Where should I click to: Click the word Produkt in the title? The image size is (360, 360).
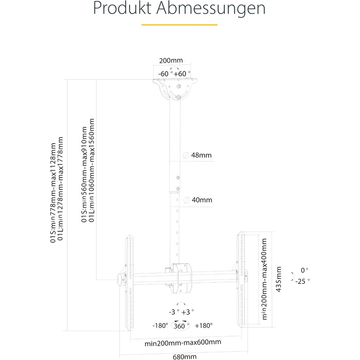point(122,8)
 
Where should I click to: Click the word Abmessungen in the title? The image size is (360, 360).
point(211,8)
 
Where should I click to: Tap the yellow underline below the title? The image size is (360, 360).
point(179,25)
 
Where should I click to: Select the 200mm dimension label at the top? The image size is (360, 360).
point(171,60)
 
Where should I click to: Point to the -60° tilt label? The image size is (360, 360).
point(165,74)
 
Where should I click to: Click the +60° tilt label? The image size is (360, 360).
point(182,74)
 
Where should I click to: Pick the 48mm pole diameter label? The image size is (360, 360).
point(202,155)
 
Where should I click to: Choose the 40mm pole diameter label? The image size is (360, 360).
point(202,200)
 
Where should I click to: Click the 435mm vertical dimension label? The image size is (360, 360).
point(279,279)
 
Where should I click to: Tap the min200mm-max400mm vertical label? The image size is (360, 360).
point(264,279)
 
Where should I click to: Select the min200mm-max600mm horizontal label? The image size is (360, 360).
point(183,343)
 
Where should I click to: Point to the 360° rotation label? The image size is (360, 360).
point(182,326)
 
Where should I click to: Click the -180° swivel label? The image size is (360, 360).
point(160,326)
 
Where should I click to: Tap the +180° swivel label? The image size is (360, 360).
point(204,326)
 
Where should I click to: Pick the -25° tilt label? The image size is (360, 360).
point(302,281)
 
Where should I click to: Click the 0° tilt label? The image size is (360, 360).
point(304,271)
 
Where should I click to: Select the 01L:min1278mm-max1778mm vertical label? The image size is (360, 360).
point(60,189)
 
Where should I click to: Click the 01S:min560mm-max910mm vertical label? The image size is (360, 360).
point(84,174)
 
